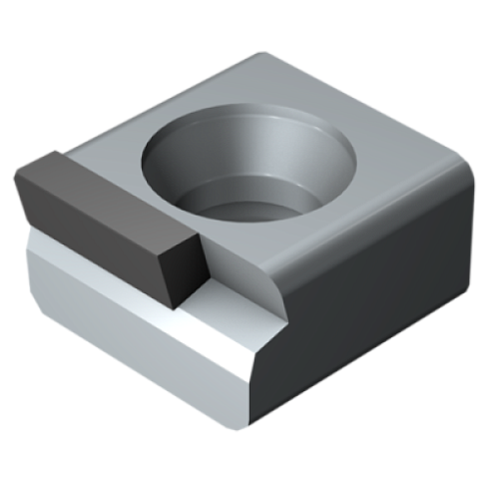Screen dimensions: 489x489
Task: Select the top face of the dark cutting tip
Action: point(100,185)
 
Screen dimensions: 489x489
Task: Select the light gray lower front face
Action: point(120,339)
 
